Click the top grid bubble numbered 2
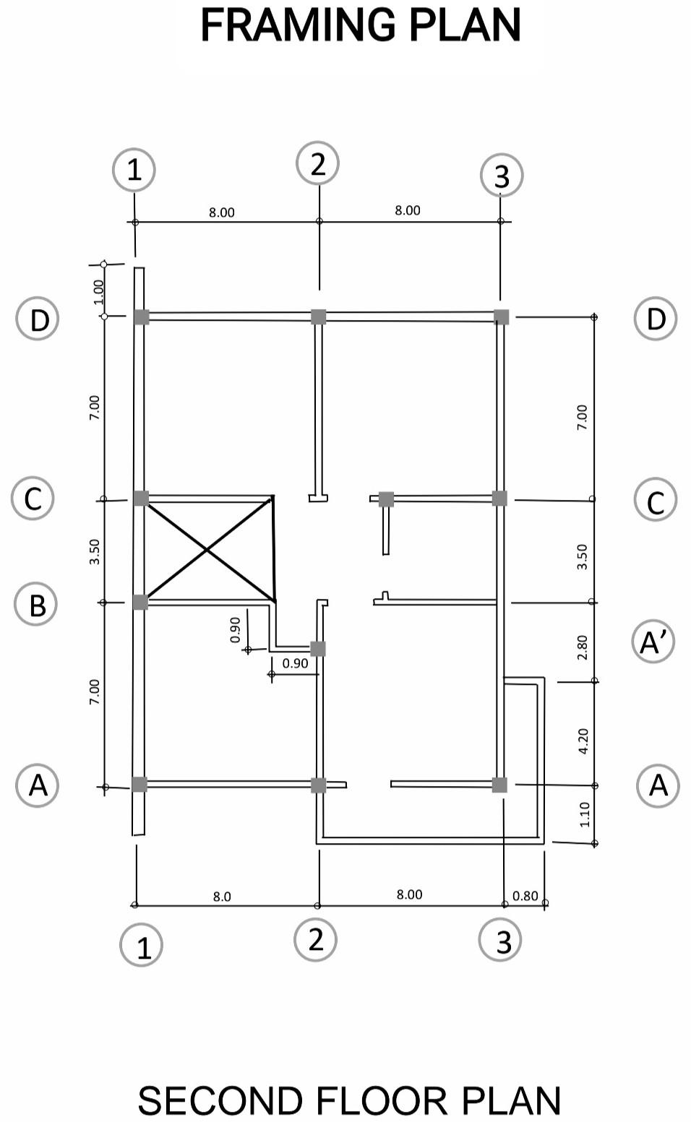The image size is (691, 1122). [318, 164]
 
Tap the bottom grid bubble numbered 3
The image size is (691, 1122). [501, 940]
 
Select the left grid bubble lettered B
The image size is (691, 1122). [36, 604]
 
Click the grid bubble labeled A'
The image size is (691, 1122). [653, 642]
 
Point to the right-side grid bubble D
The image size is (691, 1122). [655, 319]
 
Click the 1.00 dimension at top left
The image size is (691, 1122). [99, 291]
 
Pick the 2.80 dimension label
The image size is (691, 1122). [583, 647]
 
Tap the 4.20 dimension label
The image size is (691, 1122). [584, 741]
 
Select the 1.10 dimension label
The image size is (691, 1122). [585, 814]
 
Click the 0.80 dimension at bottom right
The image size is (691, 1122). [525, 896]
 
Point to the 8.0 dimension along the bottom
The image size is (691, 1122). [222, 897]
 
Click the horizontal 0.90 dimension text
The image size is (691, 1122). [295, 663]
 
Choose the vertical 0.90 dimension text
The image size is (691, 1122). [235, 629]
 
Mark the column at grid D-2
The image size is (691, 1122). [319, 316]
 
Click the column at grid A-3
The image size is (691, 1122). [499, 785]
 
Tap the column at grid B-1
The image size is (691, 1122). [140, 602]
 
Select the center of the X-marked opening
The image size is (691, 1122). [208, 550]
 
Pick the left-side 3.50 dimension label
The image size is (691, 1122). [95, 552]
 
